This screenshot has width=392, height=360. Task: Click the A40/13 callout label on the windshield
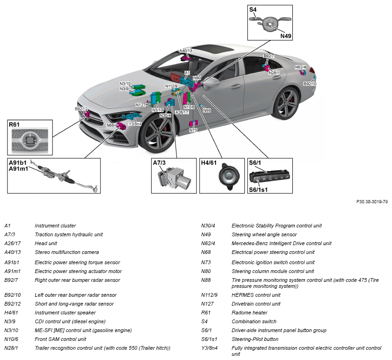tap(186, 51)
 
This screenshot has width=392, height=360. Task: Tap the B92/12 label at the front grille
tap(81, 109)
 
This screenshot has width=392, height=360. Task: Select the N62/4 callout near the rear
tap(300, 67)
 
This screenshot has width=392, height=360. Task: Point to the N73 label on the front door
tap(193, 130)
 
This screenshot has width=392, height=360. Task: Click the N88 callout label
tap(207, 110)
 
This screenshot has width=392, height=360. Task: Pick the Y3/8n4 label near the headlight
tap(135, 124)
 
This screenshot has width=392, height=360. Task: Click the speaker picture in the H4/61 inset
tap(229, 176)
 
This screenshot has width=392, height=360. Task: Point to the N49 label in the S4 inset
tap(286, 36)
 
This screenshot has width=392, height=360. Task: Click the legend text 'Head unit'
tap(46, 243)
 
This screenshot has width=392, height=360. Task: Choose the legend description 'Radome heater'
tap(250, 313)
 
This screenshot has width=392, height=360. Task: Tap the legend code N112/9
tap(209, 295)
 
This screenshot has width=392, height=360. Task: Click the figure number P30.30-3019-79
tap(372, 201)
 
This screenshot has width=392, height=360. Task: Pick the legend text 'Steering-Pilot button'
tap(255, 339)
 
